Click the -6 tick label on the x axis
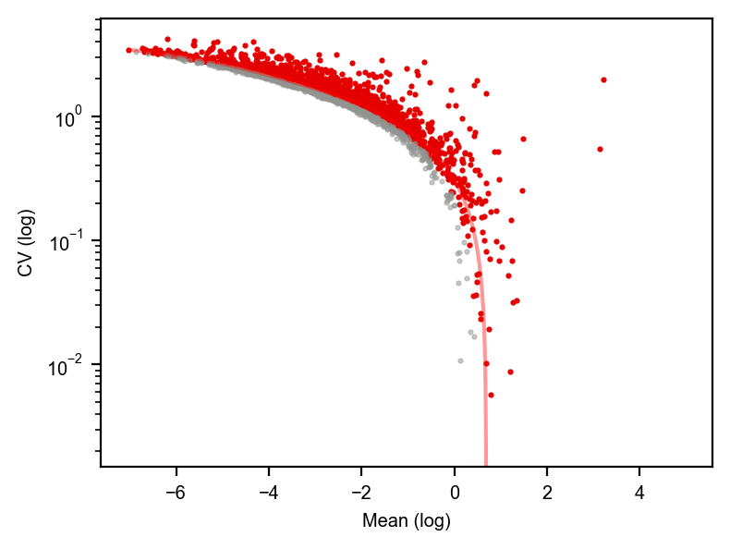click(x=176, y=493)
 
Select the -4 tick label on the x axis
click(x=269, y=493)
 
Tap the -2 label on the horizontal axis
click(x=361, y=493)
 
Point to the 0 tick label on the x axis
click(x=455, y=493)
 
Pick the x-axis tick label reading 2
click(x=547, y=493)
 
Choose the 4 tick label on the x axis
click(x=639, y=493)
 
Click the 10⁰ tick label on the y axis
click(x=68, y=117)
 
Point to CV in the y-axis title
click(x=26, y=264)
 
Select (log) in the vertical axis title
click(x=27, y=228)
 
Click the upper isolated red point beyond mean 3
click(x=603, y=79)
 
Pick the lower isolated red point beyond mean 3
click(x=600, y=149)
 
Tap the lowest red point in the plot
click(x=491, y=395)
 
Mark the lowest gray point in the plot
click(x=460, y=360)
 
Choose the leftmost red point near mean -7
click(x=129, y=50)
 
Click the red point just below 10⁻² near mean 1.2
click(x=510, y=372)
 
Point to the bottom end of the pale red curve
click(x=486, y=465)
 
